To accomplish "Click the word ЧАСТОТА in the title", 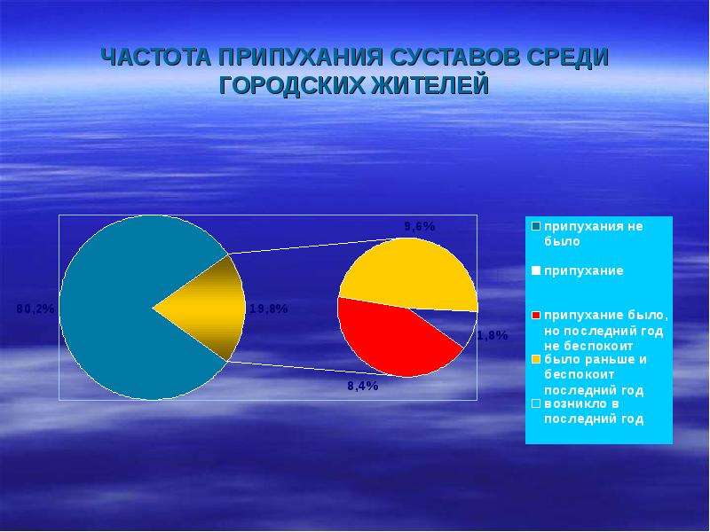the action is click(155, 58).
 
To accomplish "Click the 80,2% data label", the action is click(35, 309).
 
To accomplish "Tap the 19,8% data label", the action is click(269, 309).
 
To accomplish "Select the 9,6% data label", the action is click(420, 226).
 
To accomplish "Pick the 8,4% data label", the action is click(363, 386).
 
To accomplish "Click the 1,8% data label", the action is click(493, 335).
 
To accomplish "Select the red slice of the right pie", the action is click(390, 340).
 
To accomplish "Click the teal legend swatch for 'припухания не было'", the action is click(536, 226).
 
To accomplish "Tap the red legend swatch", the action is click(536, 316).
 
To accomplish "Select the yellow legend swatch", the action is click(536, 360).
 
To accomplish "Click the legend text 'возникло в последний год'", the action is click(594, 411).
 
